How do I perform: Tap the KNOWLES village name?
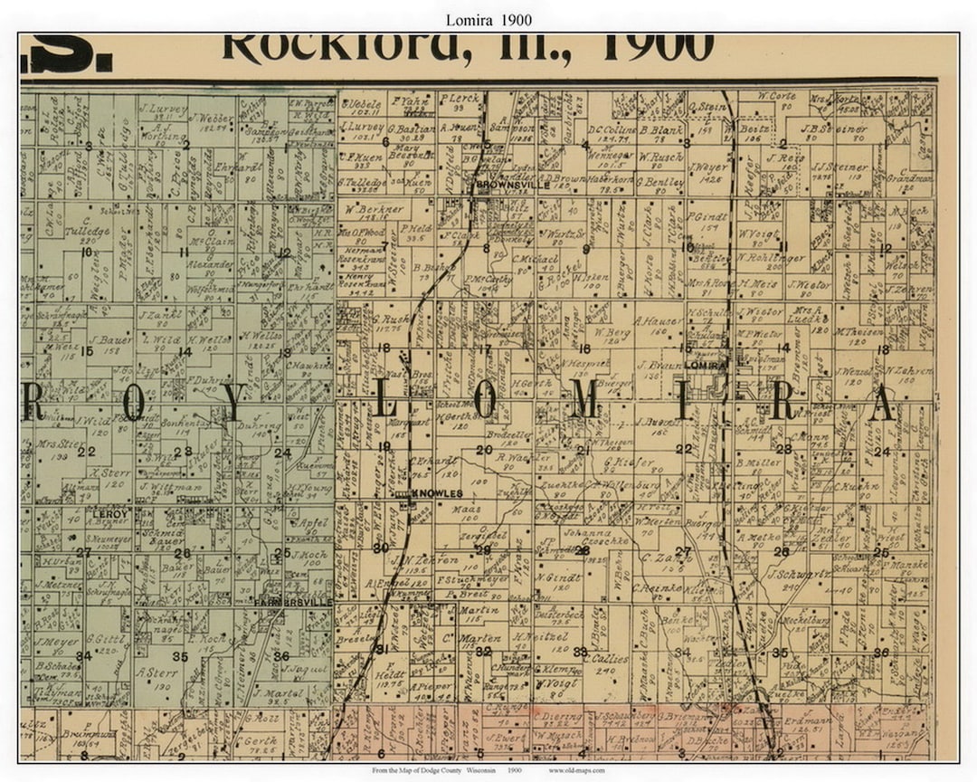437,493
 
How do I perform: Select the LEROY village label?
110,513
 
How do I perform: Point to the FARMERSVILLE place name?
293,602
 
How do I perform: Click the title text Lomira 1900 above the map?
488,19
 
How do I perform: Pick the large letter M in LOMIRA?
584,400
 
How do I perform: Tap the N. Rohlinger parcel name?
770,256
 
